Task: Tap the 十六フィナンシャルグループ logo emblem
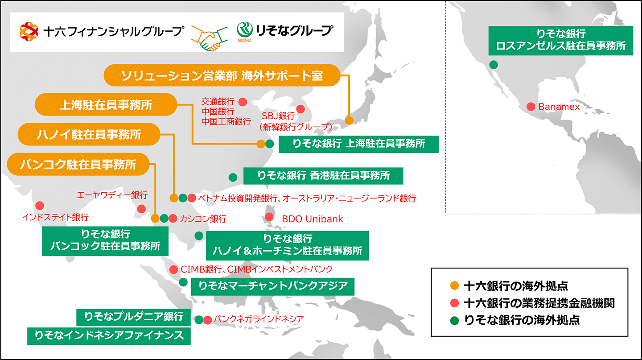pyautogui.click(x=30, y=32)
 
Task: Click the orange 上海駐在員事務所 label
pyautogui.click(x=106, y=105)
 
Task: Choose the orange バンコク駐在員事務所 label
pyautogui.click(x=78, y=164)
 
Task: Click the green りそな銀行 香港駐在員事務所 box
pyautogui.click(x=323, y=176)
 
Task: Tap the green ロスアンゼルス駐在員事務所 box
pyautogui.click(x=561, y=41)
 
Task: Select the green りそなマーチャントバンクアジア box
pyautogui.click(x=273, y=286)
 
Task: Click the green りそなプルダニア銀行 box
pyautogui.click(x=134, y=317)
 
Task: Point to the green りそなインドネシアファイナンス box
pyautogui.click(x=109, y=336)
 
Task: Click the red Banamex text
pyautogui.click(x=559, y=107)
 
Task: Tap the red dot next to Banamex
pyautogui.click(x=531, y=107)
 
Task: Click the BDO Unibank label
pyautogui.click(x=313, y=219)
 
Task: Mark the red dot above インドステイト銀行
pyautogui.click(x=40, y=206)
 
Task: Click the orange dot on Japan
pyautogui.click(x=349, y=120)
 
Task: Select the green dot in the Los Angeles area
pyautogui.click(x=494, y=65)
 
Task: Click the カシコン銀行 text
pyautogui.click(x=203, y=219)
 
